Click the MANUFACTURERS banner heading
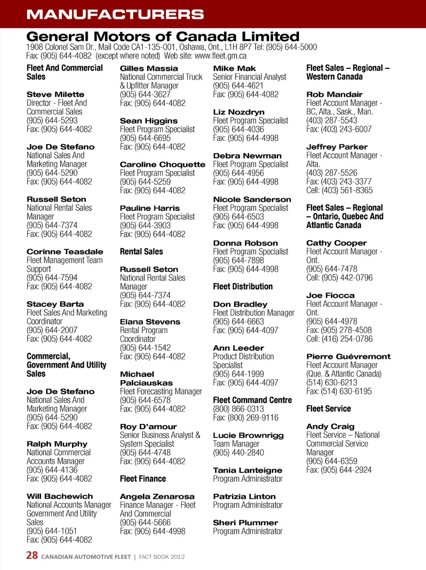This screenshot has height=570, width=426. coord(115,14)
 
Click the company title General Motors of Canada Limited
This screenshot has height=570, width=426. coord(163,36)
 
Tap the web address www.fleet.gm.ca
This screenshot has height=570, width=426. coord(221,56)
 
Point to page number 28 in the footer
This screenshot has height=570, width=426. coord(32,555)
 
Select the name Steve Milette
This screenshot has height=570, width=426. coord(55,95)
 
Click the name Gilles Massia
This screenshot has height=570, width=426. coord(149,68)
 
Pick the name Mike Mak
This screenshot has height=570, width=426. coord(234,68)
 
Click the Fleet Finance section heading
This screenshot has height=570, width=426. coord(143,479)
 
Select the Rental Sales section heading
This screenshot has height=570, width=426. coord(141,252)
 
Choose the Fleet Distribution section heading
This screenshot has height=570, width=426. coord(243,287)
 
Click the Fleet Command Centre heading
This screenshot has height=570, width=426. coord(252,400)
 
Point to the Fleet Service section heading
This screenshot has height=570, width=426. coord(328,409)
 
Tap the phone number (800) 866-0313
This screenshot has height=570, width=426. coord(238,409)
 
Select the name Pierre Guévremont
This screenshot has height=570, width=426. coord(348,356)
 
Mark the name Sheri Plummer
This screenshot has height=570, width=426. coord(245,523)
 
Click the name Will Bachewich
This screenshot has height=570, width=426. coord(60,496)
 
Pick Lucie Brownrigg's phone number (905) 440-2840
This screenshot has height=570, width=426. coord(238,453)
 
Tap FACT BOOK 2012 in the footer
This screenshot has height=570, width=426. coord(162,557)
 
